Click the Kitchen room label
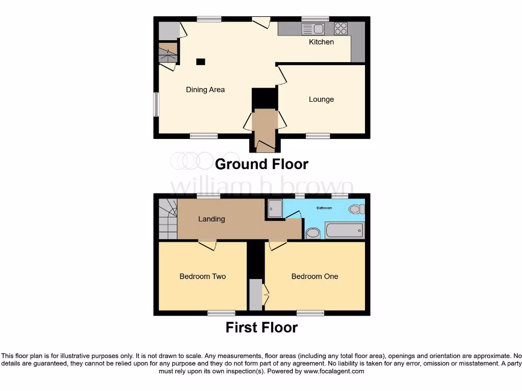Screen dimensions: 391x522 321,42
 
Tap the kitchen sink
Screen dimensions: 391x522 313,29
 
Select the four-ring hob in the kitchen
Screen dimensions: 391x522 341,29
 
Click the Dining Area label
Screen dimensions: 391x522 205,90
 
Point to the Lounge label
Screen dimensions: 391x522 321,99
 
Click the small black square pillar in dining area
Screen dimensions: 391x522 201,62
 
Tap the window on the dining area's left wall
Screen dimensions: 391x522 156,104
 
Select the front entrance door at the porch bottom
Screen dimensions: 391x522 265,147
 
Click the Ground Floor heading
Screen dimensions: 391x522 262,164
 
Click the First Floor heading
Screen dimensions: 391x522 262,327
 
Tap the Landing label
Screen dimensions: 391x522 211,219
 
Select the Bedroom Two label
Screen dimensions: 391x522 202,276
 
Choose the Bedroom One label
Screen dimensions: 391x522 315,276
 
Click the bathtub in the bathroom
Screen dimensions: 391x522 345,231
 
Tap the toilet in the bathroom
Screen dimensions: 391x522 356,209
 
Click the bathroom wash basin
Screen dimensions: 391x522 313,233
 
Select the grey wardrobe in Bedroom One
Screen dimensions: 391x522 255,294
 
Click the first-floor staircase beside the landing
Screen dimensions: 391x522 167,219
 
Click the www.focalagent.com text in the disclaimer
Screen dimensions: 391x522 334,371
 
